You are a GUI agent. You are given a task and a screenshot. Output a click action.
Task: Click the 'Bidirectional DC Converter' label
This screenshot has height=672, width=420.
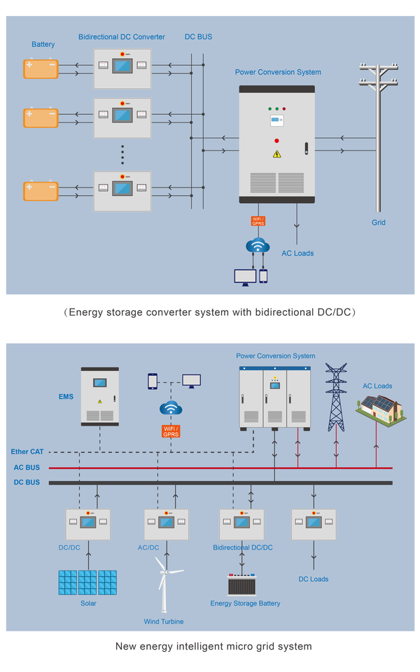click(121, 37)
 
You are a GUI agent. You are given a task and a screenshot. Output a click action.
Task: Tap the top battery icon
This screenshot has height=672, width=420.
click(41, 69)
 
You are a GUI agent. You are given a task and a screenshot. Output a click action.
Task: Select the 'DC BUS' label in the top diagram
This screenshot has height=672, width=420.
click(198, 37)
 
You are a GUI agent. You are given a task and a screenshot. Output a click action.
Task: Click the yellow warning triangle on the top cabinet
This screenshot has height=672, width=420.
click(277, 154)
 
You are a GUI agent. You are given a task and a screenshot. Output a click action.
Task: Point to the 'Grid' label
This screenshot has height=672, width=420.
click(379, 223)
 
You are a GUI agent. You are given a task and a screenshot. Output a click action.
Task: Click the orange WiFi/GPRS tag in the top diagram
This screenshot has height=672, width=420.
click(258, 221)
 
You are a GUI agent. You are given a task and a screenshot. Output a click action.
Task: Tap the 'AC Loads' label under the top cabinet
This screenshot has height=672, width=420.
click(297, 253)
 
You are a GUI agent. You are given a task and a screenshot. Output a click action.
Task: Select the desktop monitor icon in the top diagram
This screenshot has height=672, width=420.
click(245, 277)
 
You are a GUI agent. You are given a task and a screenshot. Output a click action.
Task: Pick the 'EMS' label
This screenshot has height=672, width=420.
click(66, 397)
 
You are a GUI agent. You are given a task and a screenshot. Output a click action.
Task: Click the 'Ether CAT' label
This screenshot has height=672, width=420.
click(27, 451)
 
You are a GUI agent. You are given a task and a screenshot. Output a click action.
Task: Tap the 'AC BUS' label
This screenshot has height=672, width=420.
click(27, 468)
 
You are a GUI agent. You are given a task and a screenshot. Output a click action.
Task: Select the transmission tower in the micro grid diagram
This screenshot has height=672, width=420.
click(336, 397)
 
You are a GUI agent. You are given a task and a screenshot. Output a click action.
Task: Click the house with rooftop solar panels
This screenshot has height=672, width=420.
click(381, 409)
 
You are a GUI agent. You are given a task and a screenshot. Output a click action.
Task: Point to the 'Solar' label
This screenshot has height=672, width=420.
click(88, 603)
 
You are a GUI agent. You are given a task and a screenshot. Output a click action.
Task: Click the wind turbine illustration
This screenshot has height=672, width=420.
click(164, 584)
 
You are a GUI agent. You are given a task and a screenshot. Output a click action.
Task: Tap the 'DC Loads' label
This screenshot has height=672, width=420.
click(314, 579)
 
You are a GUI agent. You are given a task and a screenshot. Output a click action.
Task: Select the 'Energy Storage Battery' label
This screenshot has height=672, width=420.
click(245, 603)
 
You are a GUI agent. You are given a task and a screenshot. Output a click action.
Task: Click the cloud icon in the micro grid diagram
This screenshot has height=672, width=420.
click(171, 407)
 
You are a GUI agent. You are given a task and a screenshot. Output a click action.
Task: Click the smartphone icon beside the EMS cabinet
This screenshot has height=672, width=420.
click(152, 381)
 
